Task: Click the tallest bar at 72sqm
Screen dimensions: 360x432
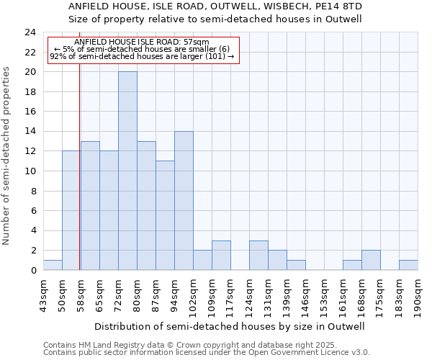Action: pyautogui.click(x=127, y=171)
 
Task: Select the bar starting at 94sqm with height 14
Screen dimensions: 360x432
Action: pyautogui.click(x=184, y=200)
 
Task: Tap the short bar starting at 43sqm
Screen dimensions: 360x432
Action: pyautogui.click(x=53, y=265)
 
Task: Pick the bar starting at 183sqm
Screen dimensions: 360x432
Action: pyautogui.click(x=408, y=265)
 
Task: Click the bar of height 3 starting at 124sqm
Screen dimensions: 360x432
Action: pyautogui.click(x=258, y=256)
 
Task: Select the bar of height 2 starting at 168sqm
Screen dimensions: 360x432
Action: pyautogui.click(x=371, y=260)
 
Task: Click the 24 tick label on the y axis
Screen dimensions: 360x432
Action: pyautogui.click(x=30, y=32)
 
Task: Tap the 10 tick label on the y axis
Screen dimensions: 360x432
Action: pyautogui.click(x=30, y=171)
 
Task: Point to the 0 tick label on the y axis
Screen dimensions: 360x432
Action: pyautogui.click(x=33, y=271)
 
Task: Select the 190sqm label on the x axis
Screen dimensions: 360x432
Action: pyautogui.click(x=418, y=294)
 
